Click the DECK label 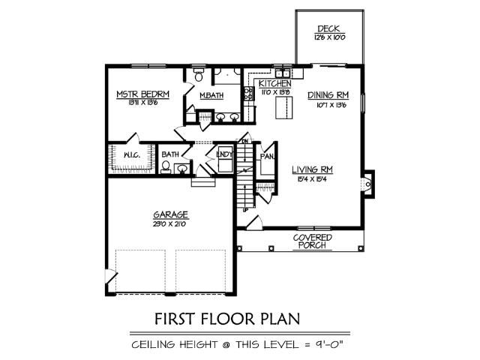[x=328, y=29]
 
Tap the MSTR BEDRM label [x=142, y=94]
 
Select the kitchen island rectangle [x=284, y=108]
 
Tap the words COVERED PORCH [x=313, y=241]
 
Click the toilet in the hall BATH [x=166, y=167]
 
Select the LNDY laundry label [x=223, y=154]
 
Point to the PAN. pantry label [x=266, y=157]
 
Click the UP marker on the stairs [x=245, y=210]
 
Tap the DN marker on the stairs [x=244, y=141]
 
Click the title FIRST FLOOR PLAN [x=227, y=319]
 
